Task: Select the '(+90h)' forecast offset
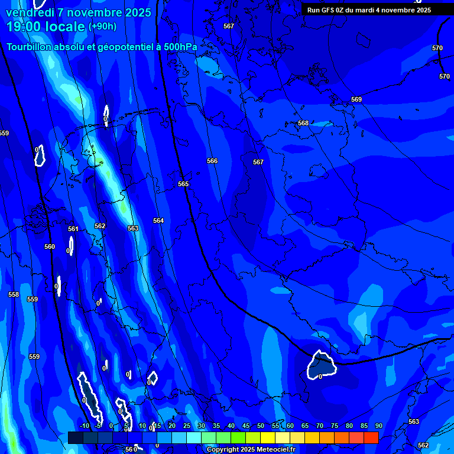pyautogui.click(x=102, y=27)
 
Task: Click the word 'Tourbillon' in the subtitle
pyautogui.click(x=30, y=47)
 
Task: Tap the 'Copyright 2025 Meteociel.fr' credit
pyautogui.click(x=251, y=450)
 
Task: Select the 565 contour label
pyautogui.click(x=183, y=184)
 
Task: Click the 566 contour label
pyautogui.click(x=212, y=161)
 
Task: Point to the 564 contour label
pyautogui.click(x=158, y=220)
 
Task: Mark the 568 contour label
pyautogui.click(x=303, y=124)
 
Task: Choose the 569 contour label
pyautogui.click(x=356, y=100)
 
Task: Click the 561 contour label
pyautogui.click(x=73, y=229)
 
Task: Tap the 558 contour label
pyautogui.click(x=14, y=294)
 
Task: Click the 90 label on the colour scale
pyautogui.click(x=378, y=426)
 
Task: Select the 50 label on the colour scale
pyautogui.click(x=261, y=426)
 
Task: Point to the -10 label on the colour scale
pyautogui.click(x=84, y=426)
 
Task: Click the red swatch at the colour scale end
pyautogui.click(x=371, y=437)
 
